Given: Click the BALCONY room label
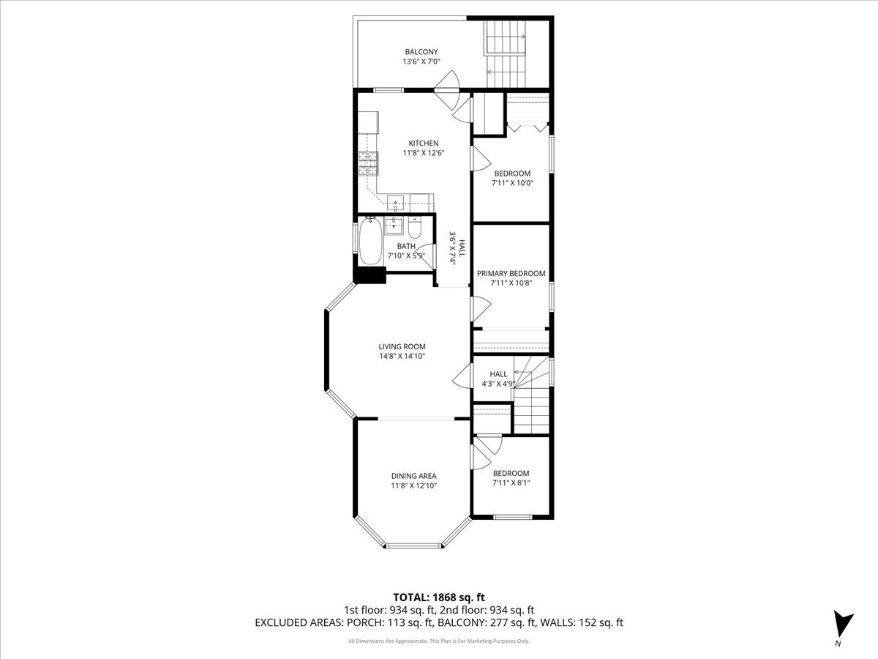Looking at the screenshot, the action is (x=421, y=51).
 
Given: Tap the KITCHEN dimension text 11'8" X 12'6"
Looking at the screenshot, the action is (x=424, y=153).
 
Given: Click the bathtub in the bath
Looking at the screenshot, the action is (x=370, y=241).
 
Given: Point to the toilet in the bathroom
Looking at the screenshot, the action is (x=414, y=227).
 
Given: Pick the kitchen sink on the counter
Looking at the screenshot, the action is (x=395, y=204).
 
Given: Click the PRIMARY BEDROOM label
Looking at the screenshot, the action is (x=511, y=273).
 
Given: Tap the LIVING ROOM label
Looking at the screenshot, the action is (x=402, y=346).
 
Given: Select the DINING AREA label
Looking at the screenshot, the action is (x=413, y=476).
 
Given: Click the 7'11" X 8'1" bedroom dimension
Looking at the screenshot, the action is (x=511, y=483).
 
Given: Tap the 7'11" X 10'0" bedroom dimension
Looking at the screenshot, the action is (x=512, y=183).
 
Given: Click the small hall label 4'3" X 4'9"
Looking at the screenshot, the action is (x=498, y=384).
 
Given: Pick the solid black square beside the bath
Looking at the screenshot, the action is (x=369, y=275).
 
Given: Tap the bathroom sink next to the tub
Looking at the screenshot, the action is (x=394, y=226).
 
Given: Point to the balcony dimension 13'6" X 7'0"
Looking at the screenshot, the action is (x=421, y=62).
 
